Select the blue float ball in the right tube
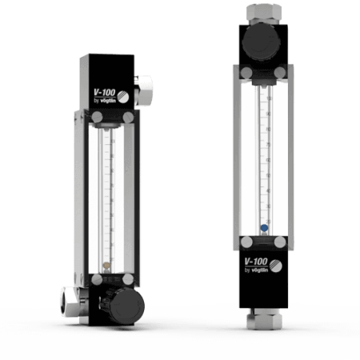pyautogui.click(x=262, y=227)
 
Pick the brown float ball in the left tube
pyautogui.click(x=106, y=262)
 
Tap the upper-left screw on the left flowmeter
pyautogui.click(x=94, y=118)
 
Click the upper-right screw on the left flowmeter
pyautogui.click(x=126, y=118)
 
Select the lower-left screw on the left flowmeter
pyautogui.click(x=95, y=280)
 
